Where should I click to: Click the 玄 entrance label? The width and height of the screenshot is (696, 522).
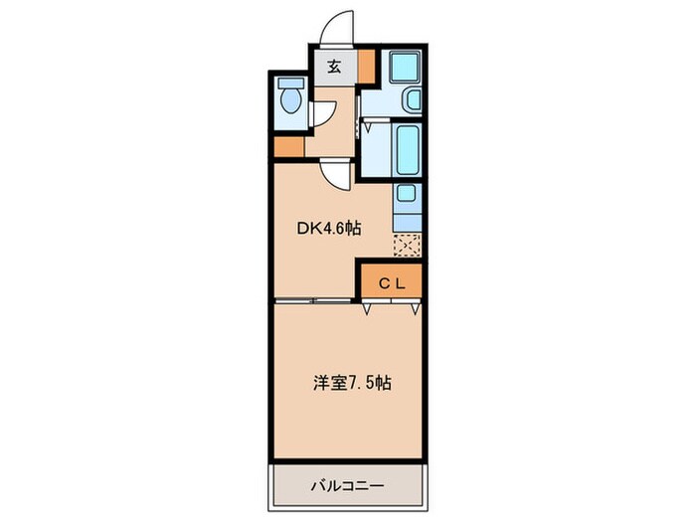pyautogui.click(x=334, y=67)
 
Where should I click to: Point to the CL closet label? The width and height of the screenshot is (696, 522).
pyautogui.click(x=391, y=282)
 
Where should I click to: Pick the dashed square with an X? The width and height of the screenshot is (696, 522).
pyautogui.click(x=407, y=244)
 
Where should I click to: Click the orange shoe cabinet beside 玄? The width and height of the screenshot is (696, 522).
pyautogui.click(x=367, y=67)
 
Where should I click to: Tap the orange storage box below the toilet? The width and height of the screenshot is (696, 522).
pyautogui.click(x=287, y=147)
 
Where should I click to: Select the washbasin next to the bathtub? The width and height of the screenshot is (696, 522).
pyautogui.click(x=413, y=100)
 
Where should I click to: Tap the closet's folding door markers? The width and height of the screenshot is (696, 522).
pyautogui.click(x=391, y=308)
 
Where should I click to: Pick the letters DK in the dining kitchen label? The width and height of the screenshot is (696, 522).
pyautogui.click(x=307, y=228)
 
